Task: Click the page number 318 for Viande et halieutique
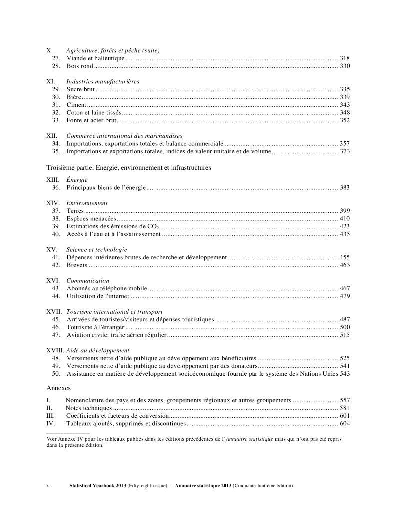[344, 58]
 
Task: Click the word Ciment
[76, 105]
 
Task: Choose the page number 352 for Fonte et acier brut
[344, 120]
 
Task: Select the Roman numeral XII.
[51, 136]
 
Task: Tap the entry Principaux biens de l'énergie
[106, 187]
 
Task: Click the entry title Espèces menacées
[91, 219]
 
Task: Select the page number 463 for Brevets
[344, 265]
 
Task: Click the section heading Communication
[87, 281]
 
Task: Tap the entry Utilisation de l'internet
[98, 296]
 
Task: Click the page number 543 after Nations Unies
[344, 374]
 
